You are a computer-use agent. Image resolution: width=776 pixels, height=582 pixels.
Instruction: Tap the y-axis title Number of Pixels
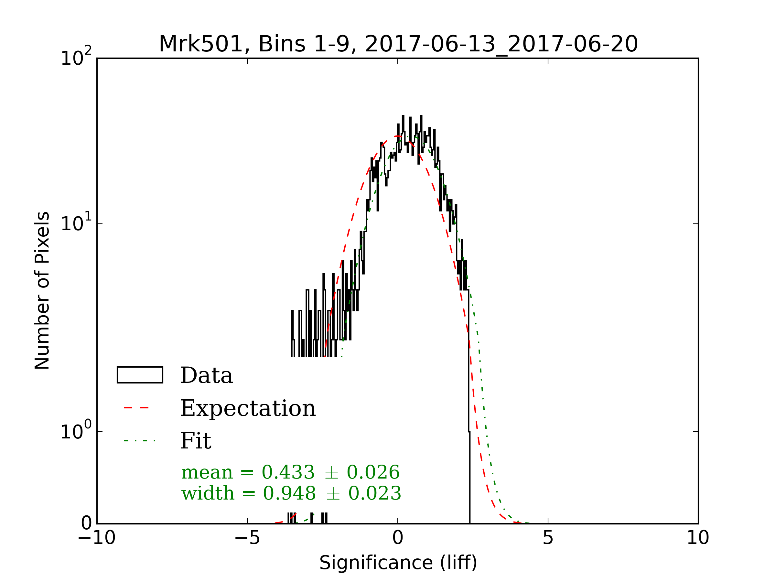click(x=42, y=290)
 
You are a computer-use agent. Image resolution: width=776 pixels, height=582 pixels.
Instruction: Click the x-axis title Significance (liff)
click(x=398, y=563)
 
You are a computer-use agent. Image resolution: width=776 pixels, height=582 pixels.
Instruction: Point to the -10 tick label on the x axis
click(x=96, y=538)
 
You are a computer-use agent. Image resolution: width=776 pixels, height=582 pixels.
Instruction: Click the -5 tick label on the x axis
click(x=247, y=538)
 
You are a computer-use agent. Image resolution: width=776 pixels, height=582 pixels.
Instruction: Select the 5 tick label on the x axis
click(x=548, y=538)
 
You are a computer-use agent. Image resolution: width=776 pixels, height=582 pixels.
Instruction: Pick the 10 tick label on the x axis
click(x=698, y=538)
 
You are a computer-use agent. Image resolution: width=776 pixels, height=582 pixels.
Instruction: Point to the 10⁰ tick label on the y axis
click(x=76, y=431)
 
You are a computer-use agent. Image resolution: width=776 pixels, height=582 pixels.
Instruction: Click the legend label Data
click(x=207, y=376)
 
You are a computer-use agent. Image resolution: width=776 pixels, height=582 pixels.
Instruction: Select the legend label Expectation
click(x=248, y=408)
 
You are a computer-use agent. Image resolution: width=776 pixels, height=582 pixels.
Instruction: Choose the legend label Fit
click(x=196, y=441)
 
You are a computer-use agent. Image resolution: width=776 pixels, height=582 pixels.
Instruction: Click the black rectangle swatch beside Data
click(x=140, y=375)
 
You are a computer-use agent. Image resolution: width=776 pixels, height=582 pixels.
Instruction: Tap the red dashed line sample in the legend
click(x=137, y=408)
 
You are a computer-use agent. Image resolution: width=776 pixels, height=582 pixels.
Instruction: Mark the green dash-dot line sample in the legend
click(x=140, y=441)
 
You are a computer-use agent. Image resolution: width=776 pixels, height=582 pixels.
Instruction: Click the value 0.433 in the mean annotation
click(x=288, y=472)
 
